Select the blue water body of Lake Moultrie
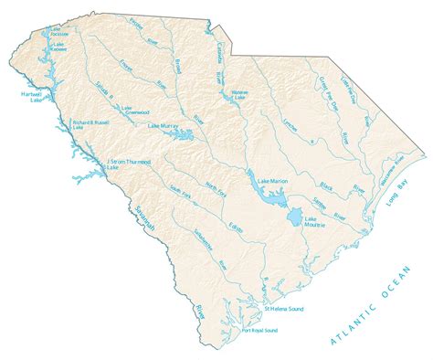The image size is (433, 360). pyautogui.click(x=293, y=217)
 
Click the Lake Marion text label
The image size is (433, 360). pyautogui.click(x=274, y=181)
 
